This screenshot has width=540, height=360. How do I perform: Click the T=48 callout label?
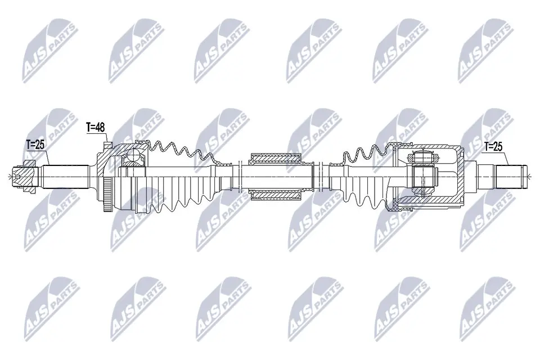tap(95, 128)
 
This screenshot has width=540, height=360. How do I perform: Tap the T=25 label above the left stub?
tap(35, 145)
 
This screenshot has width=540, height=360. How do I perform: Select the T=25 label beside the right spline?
tap(493, 146)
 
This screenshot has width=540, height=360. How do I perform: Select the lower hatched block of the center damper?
tap(276, 195)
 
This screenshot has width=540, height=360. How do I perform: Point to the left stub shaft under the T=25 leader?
tap(65, 177)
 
